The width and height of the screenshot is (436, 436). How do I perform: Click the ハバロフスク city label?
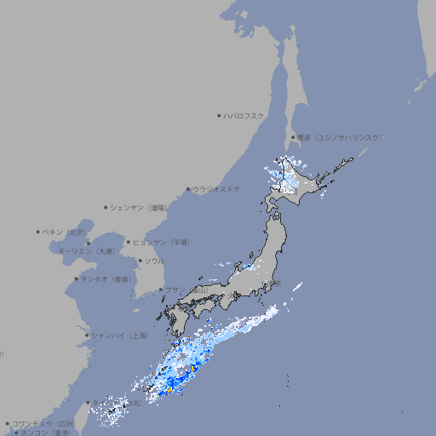[244, 115]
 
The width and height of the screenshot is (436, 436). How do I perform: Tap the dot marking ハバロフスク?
[219, 115]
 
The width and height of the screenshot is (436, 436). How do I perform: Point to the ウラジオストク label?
[216, 189]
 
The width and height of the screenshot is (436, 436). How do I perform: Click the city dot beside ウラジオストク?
[188, 189]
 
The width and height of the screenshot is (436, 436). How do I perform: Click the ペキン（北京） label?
[66, 232]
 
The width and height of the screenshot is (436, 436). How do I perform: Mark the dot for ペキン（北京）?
[38, 232]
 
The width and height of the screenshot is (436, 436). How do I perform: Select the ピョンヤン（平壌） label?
[161, 242]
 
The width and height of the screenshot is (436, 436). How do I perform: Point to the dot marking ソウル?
[139, 261]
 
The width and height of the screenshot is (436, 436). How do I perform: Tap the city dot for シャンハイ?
[87, 335]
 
